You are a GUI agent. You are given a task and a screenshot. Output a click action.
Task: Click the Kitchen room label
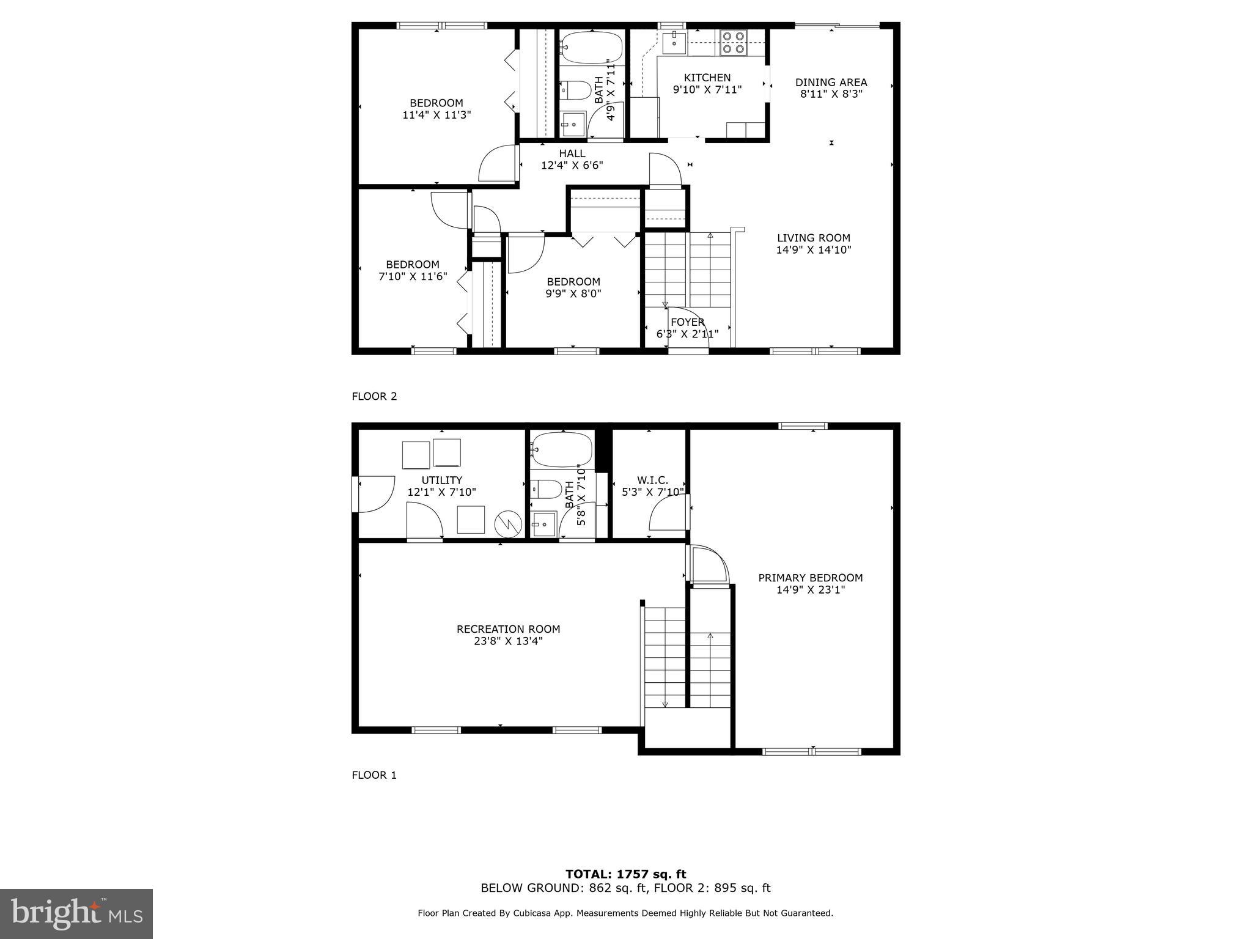tap(707, 78)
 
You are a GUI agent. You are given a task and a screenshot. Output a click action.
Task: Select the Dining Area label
tap(831, 82)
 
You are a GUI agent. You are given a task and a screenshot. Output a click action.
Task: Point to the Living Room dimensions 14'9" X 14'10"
tap(813, 249)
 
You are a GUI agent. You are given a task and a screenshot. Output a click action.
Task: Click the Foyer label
tap(687, 322)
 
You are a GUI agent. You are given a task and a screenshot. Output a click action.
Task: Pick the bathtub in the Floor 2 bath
tap(591, 48)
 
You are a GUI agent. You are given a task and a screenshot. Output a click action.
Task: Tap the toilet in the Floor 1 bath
tap(546, 489)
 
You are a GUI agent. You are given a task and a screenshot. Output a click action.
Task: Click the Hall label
tap(572, 153)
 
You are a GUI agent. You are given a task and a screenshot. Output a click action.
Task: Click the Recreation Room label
tap(508, 629)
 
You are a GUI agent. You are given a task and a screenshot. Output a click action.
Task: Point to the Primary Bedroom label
tap(810, 578)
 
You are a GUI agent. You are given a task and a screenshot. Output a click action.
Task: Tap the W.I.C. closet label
tap(652, 481)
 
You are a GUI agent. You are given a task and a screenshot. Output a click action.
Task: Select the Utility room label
tap(441, 481)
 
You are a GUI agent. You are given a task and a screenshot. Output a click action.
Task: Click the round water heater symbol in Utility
tap(507, 523)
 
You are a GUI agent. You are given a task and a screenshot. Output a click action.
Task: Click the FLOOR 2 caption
tap(374, 396)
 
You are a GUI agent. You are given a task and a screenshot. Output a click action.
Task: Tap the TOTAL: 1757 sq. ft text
tap(625, 874)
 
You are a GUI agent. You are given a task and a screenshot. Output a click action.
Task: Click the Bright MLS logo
tap(76, 913)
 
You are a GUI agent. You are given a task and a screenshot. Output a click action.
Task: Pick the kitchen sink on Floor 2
tap(674, 42)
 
